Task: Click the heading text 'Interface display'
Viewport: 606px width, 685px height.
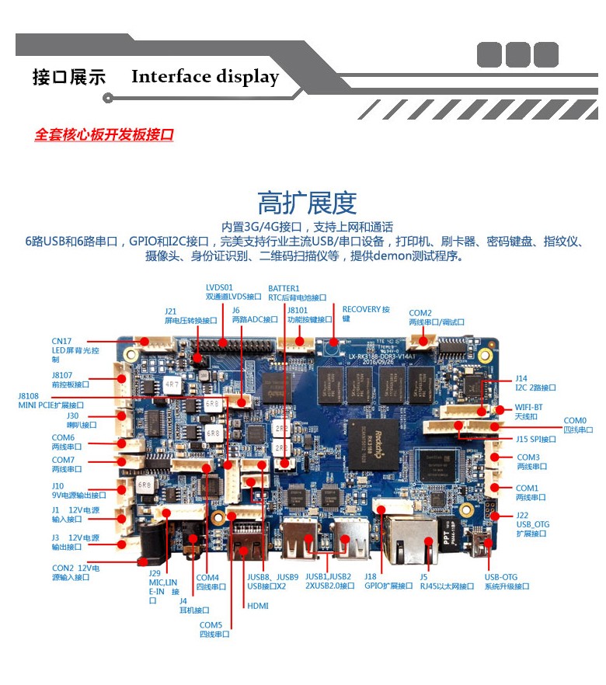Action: point(204,77)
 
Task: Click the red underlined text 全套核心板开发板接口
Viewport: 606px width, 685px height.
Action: point(103,134)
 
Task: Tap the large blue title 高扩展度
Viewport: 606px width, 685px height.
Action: point(307,203)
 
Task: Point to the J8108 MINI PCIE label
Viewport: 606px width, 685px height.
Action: point(50,400)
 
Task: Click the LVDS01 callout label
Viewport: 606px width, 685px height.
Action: point(233,292)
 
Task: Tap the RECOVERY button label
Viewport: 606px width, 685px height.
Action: point(366,313)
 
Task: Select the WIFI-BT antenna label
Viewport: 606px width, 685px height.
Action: point(528,411)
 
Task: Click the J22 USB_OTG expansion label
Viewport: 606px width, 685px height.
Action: point(532,524)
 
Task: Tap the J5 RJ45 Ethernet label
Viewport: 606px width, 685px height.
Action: point(446,581)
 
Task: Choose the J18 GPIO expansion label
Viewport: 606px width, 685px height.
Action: point(388,581)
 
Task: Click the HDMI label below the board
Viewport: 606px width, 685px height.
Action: point(257,605)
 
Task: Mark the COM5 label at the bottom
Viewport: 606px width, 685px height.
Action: point(214,629)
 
